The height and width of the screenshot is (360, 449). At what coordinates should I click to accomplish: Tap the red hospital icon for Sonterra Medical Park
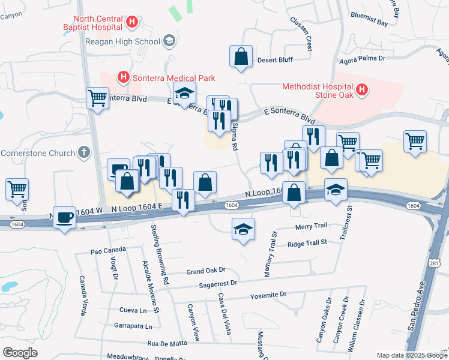(123, 77)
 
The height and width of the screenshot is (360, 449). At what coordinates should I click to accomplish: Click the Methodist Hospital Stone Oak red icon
(362, 90)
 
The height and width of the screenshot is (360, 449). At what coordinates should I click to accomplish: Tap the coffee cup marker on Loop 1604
(65, 217)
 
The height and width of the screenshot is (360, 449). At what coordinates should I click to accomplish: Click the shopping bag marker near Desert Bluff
(240, 56)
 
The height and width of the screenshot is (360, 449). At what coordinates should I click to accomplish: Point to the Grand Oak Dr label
(205, 271)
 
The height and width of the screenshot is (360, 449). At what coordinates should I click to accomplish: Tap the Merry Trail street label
(311, 226)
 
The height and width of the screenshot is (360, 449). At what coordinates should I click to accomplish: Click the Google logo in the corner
(19, 352)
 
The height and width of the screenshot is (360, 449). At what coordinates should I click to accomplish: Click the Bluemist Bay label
(369, 20)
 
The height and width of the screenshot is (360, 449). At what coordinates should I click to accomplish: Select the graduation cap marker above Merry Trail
(243, 229)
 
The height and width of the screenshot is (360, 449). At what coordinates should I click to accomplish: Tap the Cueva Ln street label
(133, 310)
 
